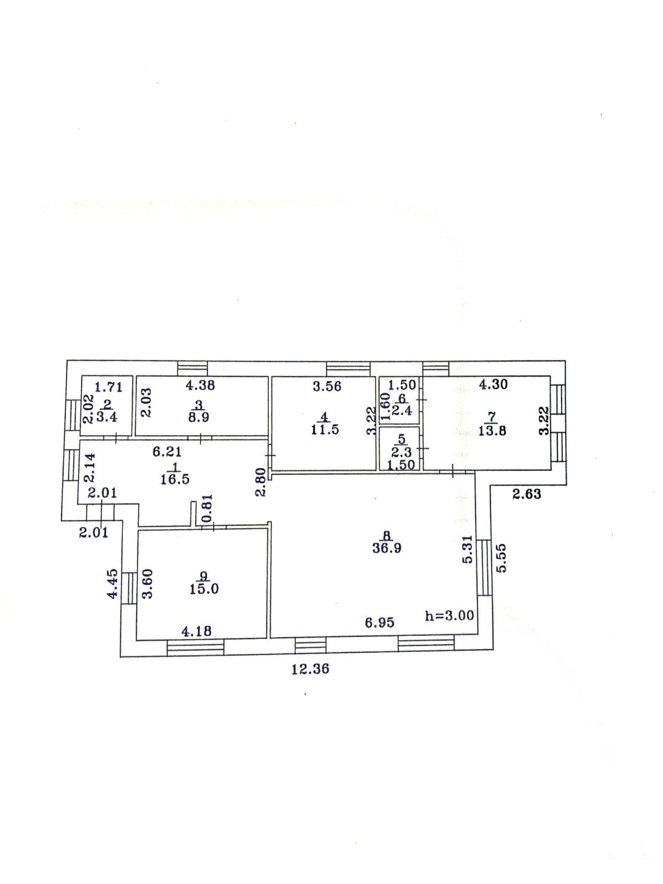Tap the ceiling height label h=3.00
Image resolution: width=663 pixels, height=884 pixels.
(449, 616)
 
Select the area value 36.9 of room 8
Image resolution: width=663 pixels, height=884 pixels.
(387, 548)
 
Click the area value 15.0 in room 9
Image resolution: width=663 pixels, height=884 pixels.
(204, 589)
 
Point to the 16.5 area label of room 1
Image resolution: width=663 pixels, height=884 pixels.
(175, 479)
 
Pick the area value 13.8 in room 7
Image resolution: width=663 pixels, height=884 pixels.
(492, 431)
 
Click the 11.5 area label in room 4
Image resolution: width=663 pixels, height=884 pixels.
(325, 429)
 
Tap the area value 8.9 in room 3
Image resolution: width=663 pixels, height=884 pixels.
(199, 417)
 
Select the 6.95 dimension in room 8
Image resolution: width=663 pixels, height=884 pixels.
(379, 623)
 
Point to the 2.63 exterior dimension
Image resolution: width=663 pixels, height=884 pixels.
(527, 494)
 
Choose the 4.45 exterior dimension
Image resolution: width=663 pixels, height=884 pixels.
(113, 583)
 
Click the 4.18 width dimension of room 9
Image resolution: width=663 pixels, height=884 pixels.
(196, 630)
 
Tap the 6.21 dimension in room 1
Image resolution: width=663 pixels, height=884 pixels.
(167, 452)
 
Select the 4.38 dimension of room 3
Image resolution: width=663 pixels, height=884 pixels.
(200, 386)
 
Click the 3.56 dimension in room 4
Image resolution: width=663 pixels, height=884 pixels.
(327, 386)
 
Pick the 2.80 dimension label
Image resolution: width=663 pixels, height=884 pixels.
(261, 482)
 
